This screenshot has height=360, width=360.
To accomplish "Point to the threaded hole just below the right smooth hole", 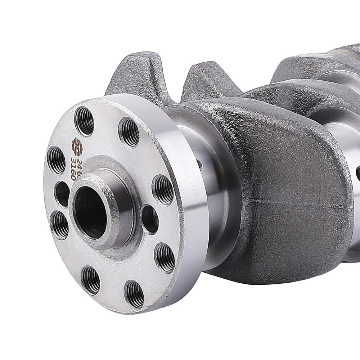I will (165, 257).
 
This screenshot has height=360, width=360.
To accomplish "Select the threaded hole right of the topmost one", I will (129, 132).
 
